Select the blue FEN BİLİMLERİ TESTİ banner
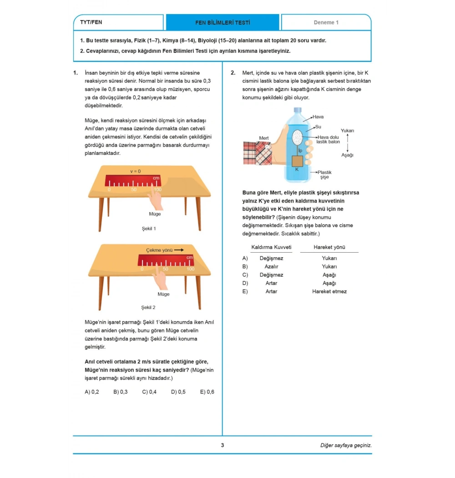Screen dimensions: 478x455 coord(222,22)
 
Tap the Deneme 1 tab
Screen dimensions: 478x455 coord(326,22)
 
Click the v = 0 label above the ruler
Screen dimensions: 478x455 coord(135,171)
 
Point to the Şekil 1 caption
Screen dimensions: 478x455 coord(148,229)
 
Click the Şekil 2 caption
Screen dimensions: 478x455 coord(148,307)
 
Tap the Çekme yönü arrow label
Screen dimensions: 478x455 coord(164,250)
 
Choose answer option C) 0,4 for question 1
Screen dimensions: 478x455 coord(149,392)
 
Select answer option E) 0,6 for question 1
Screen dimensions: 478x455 coord(207,392)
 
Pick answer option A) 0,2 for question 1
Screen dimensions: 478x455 coord(92,392)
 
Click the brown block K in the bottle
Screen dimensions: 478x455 coord(297,161)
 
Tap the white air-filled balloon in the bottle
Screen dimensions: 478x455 coord(297,136)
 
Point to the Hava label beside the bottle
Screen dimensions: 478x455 coord(318,117)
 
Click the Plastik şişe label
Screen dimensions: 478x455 coord(324,175)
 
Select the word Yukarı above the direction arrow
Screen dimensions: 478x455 coord(347,131)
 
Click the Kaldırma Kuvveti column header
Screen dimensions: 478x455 coord(271,247)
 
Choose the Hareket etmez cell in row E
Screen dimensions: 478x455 coord(329,291)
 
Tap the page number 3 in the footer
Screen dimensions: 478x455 coord(222,445)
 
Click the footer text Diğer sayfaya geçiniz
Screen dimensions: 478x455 coord(346,445)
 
